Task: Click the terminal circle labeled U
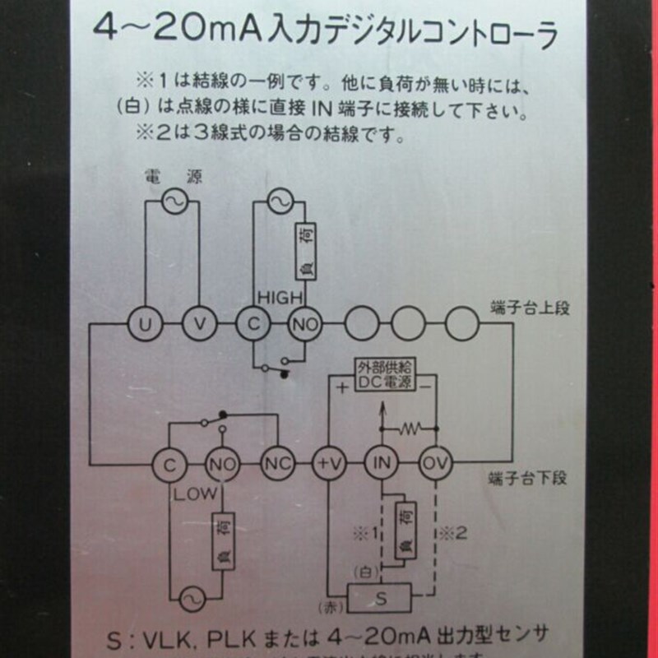pyautogui.click(x=145, y=324)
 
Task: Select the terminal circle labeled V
pyautogui.click(x=198, y=324)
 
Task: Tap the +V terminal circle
pyautogui.click(x=327, y=464)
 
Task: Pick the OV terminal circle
pyautogui.click(x=435, y=464)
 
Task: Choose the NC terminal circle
pyautogui.click(x=275, y=464)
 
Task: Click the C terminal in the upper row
pyautogui.click(x=253, y=324)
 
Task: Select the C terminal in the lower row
pyautogui.click(x=169, y=465)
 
